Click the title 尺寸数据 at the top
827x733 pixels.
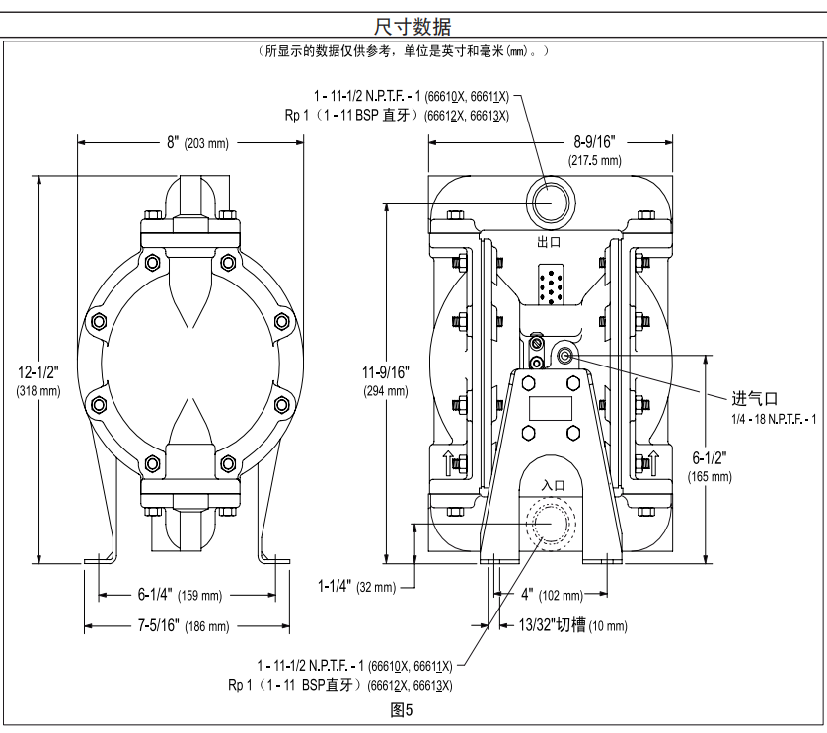click(413, 24)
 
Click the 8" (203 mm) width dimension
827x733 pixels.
click(197, 143)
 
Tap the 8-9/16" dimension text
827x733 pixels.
click(595, 142)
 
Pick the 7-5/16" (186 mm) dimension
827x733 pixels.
click(184, 626)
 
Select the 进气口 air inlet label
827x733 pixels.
click(754, 399)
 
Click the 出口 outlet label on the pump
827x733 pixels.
click(549, 242)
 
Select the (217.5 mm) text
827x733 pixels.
click(595, 159)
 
